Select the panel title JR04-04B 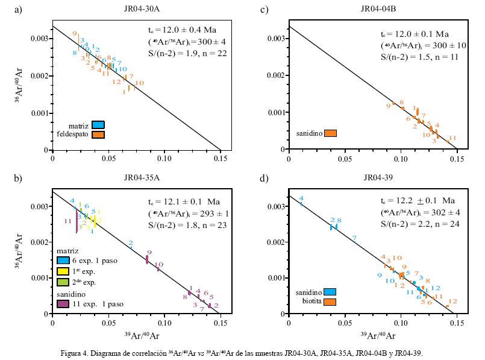pyautogui.click(x=378, y=9)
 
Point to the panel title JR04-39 pyautogui.click(x=378, y=178)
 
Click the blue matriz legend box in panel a pyautogui.click(x=98, y=125)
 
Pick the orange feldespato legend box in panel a pyautogui.click(x=98, y=134)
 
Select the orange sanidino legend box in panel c pyautogui.click(x=330, y=133)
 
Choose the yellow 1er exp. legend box pyautogui.click(x=63, y=271)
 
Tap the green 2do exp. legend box pyautogui.click(x=63, y=281)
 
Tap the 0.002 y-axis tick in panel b pyautogui.click(x=38, y=242)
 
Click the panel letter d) pyautogui.click(x=263, y=178)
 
